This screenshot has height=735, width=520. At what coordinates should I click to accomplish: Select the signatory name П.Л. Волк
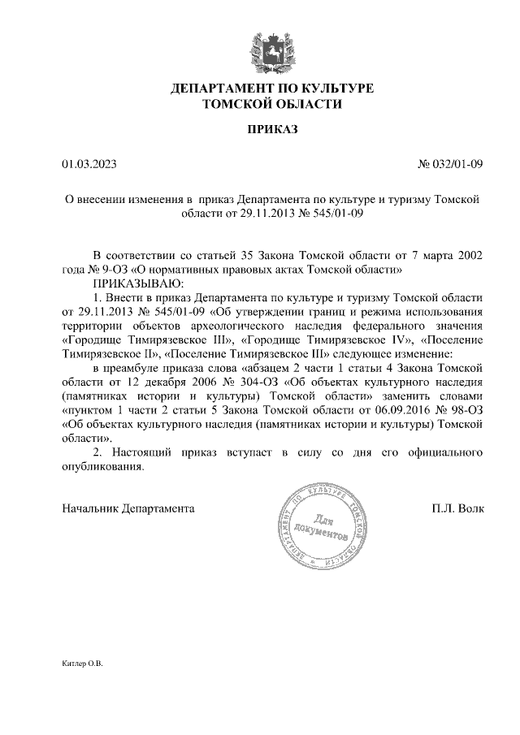[458, 509]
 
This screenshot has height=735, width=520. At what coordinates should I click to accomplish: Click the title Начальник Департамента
[128, 509]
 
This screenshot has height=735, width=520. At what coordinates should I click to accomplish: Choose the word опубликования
[102, 468]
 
